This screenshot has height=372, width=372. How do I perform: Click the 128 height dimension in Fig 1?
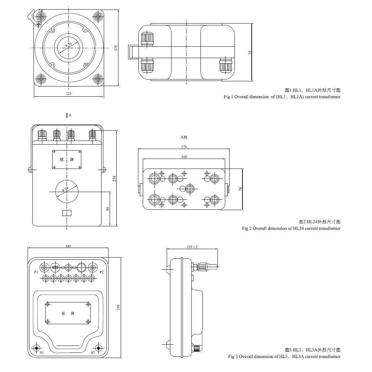116,48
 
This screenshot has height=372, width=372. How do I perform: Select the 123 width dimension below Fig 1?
69,94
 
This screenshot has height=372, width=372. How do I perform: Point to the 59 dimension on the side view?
250,53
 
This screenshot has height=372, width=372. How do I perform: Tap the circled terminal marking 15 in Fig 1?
85,30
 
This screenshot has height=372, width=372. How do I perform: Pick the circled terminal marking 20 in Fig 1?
86,65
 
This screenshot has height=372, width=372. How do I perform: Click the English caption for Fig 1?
282,97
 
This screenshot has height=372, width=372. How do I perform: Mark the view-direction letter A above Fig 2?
70,115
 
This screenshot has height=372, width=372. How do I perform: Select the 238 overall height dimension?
114,179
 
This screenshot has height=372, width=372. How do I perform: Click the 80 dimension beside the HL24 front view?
108,208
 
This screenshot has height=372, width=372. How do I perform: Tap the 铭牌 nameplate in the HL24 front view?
67,160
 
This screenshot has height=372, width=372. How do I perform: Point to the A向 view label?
184,137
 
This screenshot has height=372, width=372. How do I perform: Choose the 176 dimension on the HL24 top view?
184,147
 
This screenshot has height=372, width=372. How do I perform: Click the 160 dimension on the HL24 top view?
184,157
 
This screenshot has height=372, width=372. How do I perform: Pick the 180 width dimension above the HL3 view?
68,246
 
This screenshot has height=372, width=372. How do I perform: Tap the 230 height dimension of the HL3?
118,308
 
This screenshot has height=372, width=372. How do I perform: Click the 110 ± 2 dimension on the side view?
192,247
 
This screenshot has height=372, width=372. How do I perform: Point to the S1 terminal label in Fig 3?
42,352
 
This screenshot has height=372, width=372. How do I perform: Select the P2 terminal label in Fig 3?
102,272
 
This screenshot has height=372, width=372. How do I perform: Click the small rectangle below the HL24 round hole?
67,213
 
